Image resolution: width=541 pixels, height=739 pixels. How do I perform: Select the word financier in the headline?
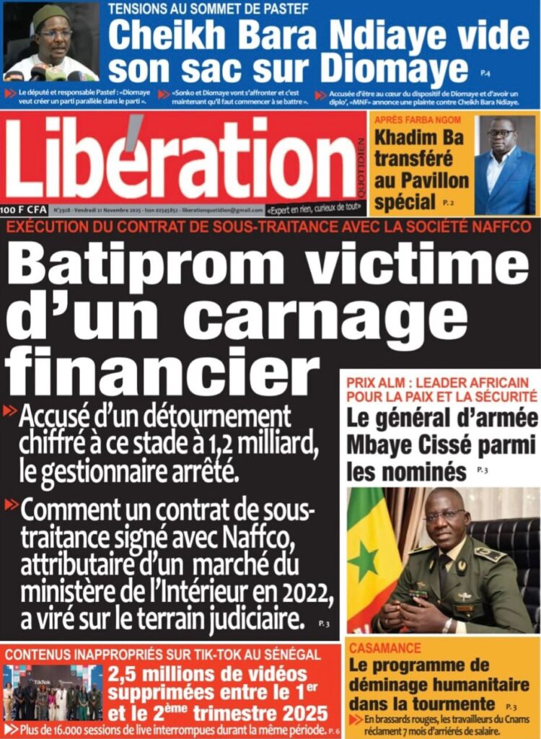coord(162,370)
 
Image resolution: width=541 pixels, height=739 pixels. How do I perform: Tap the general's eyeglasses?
coord(444,515)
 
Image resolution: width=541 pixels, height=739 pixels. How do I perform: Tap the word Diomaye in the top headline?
coord(394,69)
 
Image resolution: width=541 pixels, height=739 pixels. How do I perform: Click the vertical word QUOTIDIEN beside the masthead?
coord(361,162)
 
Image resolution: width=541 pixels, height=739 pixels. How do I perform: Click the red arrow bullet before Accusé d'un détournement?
coord(11,412)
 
